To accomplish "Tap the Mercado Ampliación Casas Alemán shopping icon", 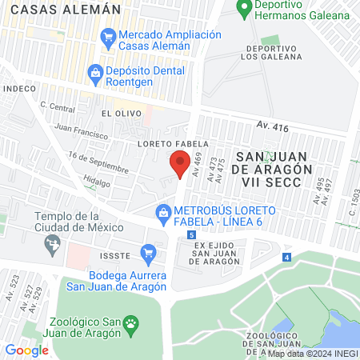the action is click(106, 37).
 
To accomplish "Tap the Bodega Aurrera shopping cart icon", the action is click(147, 254).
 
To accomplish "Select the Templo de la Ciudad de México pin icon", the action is click(54, 246).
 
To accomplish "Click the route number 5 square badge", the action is click(192, 234).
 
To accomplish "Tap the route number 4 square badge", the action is click(286, 257).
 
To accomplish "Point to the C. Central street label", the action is click(57, 106).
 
